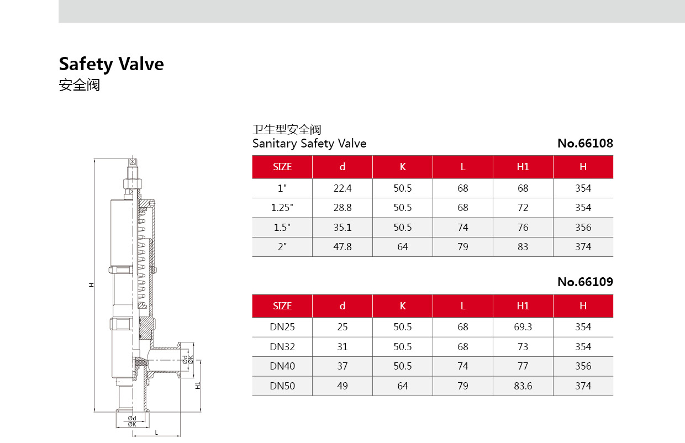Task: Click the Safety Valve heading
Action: click(x=111, y=64)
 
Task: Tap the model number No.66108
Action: click(x=585, y=144)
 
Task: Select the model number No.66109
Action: click(x=585, y=282)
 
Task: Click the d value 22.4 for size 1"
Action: click(x=342, y=188)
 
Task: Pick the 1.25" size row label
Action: click(x=282, y=208)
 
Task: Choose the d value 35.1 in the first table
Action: click(x=342, y=228)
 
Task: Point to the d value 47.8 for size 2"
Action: click(x=342, y=247)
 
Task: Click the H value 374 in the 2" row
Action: click(x=583, y=247)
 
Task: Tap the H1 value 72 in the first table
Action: click(x=523, y=208)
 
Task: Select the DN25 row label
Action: click(x=282, y=327)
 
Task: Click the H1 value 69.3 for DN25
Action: click(x=523, y=327)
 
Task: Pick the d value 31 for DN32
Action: click(x=342, y=347)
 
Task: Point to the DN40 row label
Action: click(x=282, y=366)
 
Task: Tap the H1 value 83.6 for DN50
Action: click(x=523, y=386)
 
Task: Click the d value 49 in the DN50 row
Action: click(x=342, y=386)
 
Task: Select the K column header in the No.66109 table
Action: click(x=403, y=306)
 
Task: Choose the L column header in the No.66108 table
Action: click(x=463, y=167)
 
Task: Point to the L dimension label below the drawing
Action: click(x=156, y=432)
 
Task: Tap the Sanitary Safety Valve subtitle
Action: click(x=309, y=144)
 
